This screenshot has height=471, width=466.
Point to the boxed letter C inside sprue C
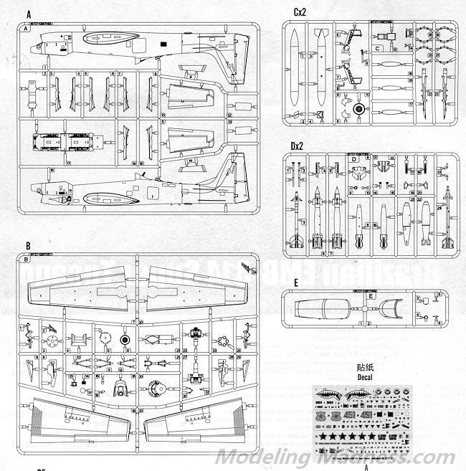pyautogui.click(x=377, y=48)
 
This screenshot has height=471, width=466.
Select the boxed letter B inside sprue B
pyautogui.click(x=27, y=260)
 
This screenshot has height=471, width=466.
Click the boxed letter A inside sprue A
pyautogui.click(x=27, y=29)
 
